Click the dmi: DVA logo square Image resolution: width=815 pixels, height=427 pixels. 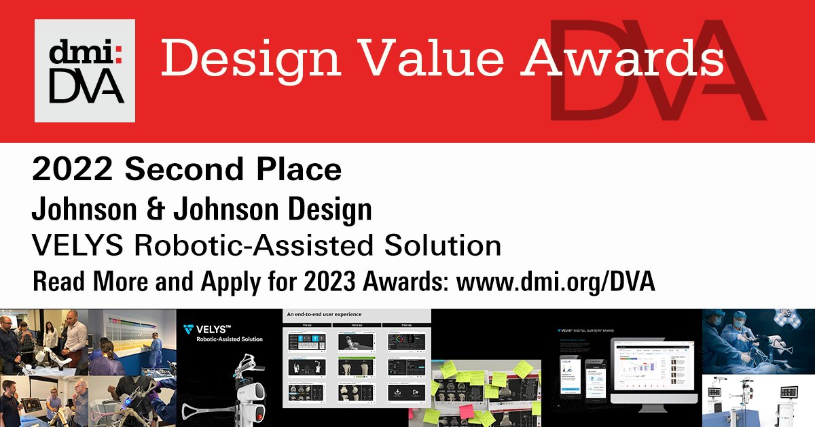(x=85, y=70)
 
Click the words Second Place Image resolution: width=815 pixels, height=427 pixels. (x=231, y=171)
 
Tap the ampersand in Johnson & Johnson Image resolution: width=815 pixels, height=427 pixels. (x=160, y=209)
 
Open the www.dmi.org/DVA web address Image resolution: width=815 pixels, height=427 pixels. (x=556, y=281)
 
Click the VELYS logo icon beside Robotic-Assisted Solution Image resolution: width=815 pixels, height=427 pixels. (x=188, y=331)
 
